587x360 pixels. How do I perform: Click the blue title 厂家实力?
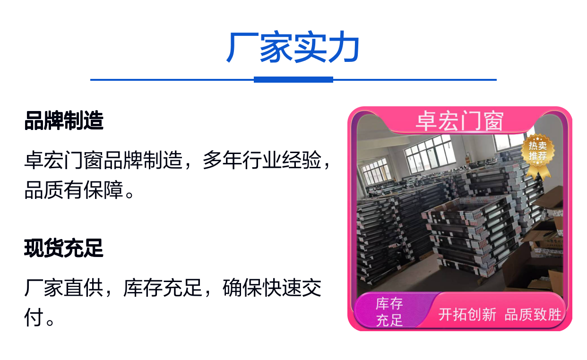[293, 47]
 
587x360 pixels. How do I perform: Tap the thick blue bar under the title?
[293, 80]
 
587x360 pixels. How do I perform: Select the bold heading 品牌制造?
[64, 120]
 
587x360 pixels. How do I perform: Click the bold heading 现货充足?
[63, 248]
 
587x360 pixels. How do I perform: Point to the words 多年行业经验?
[262, 160]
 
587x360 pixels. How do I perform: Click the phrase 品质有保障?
[74, 190]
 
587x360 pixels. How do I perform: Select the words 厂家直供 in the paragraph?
[64, 288]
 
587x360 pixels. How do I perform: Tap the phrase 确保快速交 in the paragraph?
[272, 288]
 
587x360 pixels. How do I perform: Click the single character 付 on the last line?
[34, 317]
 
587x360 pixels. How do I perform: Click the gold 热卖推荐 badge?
[538, 151]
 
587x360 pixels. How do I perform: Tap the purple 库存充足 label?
[389, 312]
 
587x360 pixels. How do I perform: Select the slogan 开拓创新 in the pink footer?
[467, 315]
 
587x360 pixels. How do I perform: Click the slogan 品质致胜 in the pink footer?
[533, 315]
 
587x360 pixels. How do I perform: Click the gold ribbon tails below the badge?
[538, 171]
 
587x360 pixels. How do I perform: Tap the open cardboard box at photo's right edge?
[549, 202]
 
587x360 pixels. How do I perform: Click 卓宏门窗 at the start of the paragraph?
[64, 160]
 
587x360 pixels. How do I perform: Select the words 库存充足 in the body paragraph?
[163, 288]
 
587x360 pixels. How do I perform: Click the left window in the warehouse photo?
[375, 171]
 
